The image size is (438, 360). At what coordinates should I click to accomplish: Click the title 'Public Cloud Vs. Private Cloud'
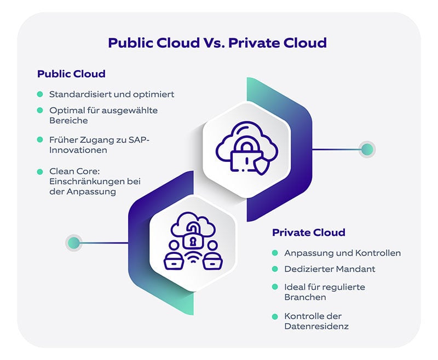pyautogui.click(x=217, y=43)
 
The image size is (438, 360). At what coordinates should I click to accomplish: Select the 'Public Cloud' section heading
pyautogui.click(x=71, y=73)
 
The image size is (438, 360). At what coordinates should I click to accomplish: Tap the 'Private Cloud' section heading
pyautogui.click(x=309, y=233)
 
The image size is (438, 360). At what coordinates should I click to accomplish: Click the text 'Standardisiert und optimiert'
pyautogui.click(x=112, y=94)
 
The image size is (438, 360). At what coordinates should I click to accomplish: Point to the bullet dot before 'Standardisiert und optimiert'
pyautogui.click(x=40, y=94)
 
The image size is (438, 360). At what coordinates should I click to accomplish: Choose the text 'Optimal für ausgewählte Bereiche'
pyautogui.click(x=103, y=115)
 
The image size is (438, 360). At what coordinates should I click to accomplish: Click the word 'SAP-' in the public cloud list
pyautogui.click(x=138, y=141)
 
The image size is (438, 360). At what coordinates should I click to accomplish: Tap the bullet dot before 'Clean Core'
pyautogui.click(x=40, y=172)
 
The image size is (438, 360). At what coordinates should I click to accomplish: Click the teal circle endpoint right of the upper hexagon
pyautogui.click(x=367, y=149)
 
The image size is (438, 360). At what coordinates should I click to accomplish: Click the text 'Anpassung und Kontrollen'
pyautogui.click(x=342, y=253)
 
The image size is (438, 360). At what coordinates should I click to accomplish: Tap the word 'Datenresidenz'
pyautogui.click(x=316, y=326)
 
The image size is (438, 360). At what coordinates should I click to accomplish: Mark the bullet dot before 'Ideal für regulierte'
pyautogui.click(x=275, y=287)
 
